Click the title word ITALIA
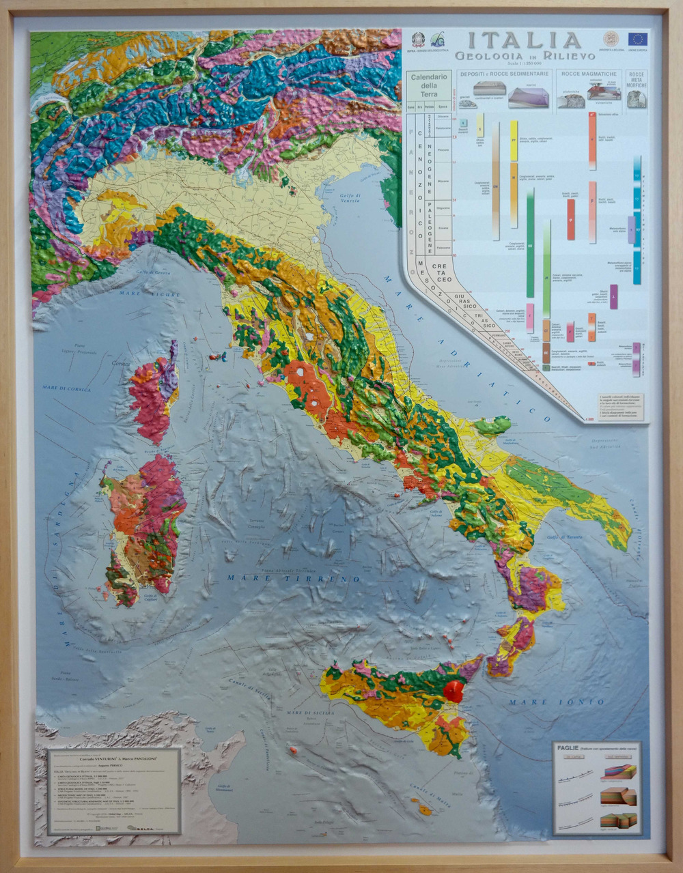pos(524,40)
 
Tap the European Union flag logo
pos(637,39)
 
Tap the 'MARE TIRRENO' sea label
pos(294,578)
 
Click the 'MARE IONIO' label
pos(538,702)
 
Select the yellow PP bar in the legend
pos(514,141)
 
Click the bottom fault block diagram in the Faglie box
pos(618,820)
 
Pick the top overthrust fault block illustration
pos(618,772)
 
